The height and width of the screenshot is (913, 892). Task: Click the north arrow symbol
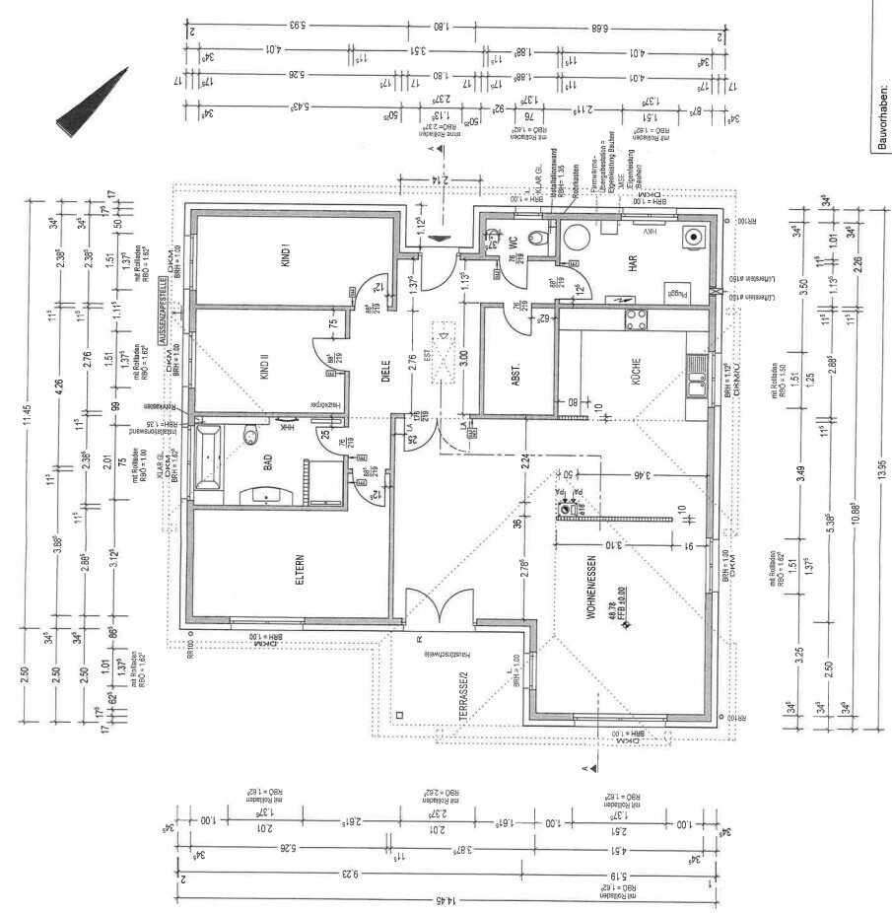(93, 103)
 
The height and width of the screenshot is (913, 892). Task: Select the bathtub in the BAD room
(209, 456)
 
